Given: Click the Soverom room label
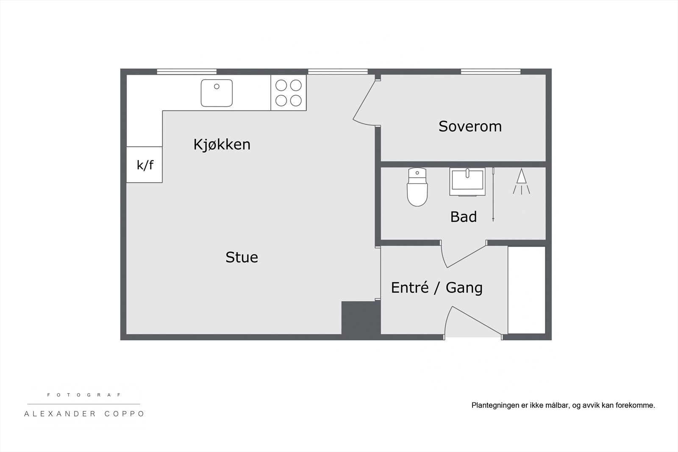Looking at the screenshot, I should (x=470, y=126).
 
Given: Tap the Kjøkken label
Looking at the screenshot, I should (x=222, y=144).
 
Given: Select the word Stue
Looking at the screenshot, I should (x=242, y=257).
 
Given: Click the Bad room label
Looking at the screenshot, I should (x=463, y=217).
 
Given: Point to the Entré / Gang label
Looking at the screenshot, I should (x=436, y=288).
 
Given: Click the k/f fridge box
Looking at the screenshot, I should (x=144, y=165).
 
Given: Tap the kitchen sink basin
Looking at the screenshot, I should (x=217, y=93).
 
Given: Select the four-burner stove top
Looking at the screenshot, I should (x=289, y=93).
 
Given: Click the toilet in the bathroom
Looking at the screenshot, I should (x=417, y=187).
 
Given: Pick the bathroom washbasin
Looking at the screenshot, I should (x=467, y=181).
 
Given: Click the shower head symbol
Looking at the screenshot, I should (x=521, y=181).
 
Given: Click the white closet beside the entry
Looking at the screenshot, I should (x=527, y=290).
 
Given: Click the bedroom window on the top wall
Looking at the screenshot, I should (x=490, y=72).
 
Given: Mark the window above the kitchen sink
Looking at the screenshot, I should (x=187, y=72).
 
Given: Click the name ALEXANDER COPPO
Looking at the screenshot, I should (x=84, y=414).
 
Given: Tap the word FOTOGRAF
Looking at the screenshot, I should (x=84, y=395).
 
